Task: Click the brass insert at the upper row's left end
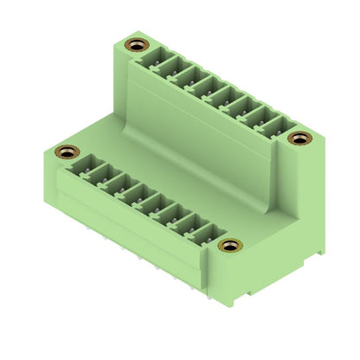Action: tap(134, 44)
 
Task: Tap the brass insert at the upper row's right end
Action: tap(299, 138)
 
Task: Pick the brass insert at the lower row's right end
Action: tap(228, 246)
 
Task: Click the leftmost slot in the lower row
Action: tap(87, 165)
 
